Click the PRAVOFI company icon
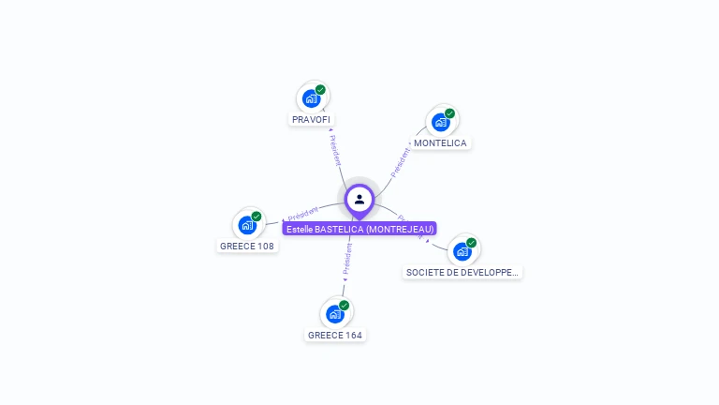tap(312, 98)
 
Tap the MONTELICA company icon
tap(440, 122)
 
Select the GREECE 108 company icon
tap(247, 225)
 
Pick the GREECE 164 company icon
tap(335, 314)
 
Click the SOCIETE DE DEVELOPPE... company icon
tap(462, 251)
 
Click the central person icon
tap(359, 199)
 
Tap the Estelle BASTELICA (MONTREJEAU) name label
tap(360, 229)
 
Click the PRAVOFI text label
tap(311, 120)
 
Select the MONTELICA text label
tap(440, 143)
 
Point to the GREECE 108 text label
tap(247, 247)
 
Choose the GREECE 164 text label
tap(335, 336)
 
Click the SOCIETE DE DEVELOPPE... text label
tap(462, 273)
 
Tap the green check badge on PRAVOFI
tap(321, 90)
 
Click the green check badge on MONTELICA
tap(449, 113)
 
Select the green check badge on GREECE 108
tap(257, 217)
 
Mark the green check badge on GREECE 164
tap(345, 306)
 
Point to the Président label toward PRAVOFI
tap(335, 149)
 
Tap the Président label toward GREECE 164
tap(347, 257)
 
